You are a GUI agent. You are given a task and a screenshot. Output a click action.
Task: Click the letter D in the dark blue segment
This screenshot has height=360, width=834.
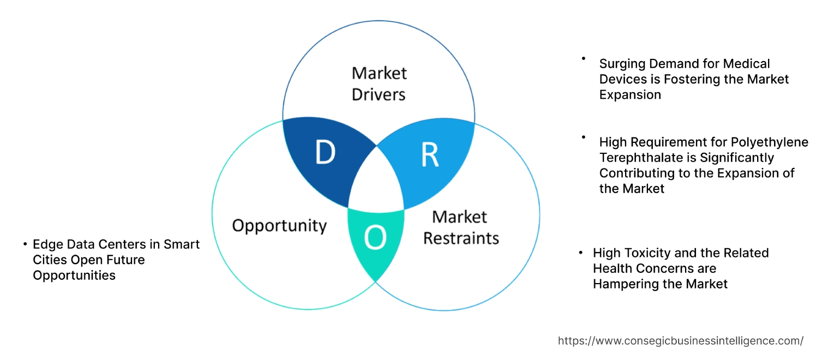(325, 154)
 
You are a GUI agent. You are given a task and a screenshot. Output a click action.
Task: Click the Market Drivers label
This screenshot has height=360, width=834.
(379, 83)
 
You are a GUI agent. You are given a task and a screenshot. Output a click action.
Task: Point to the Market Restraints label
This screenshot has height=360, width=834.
(461, 227)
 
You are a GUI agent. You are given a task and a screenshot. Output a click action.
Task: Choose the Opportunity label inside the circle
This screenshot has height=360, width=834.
(279, 225)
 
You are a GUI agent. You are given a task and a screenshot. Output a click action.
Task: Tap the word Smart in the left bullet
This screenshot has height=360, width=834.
(182, 244)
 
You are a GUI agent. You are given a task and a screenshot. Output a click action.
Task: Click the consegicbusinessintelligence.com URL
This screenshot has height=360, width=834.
(680, 340)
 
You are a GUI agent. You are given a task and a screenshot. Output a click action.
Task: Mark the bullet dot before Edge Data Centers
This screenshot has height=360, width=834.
(25, 244)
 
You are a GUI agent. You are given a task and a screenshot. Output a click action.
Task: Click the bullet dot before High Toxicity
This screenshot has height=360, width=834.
(581, 253)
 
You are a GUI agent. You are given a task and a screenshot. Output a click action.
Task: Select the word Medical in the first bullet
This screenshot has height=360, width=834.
(747, 64)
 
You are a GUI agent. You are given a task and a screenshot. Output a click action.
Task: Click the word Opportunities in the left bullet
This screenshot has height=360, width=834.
(74, 275)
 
